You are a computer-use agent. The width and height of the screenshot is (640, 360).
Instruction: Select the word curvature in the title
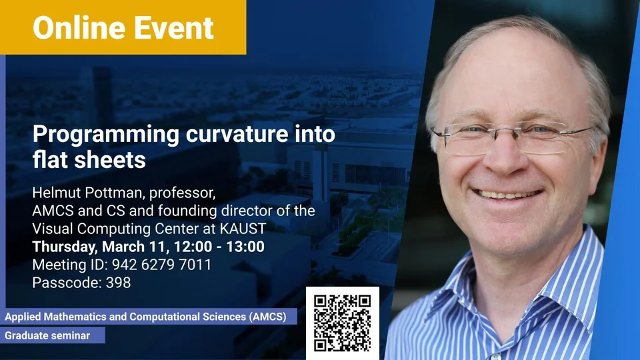237,134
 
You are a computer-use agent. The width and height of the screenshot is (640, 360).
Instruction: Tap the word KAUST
243,229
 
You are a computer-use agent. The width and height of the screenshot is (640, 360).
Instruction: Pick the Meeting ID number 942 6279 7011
161,265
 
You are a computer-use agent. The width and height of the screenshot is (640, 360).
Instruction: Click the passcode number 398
119,283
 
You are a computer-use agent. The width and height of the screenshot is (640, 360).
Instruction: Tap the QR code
343,323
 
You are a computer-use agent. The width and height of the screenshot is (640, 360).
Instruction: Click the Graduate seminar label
47,335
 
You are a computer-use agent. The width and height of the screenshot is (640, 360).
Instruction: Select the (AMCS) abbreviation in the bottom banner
268,317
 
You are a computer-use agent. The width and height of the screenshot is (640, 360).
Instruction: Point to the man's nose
506,157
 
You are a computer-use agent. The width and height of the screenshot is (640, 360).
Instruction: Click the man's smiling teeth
507,195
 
